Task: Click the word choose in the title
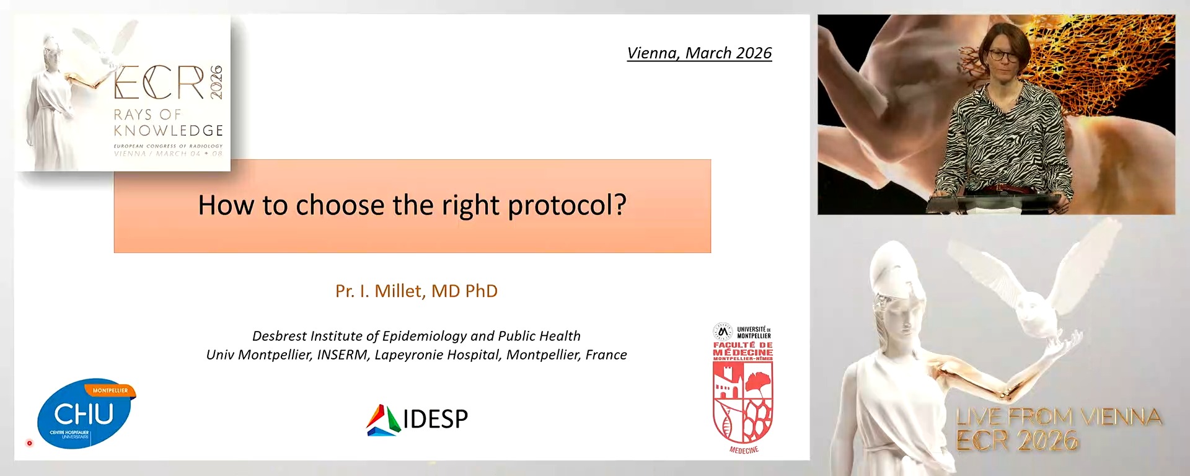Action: coord(340,206)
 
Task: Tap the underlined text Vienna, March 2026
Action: coord(699,53)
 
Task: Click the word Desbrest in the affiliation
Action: coord(279,336)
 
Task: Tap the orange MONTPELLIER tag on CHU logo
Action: coord(110,390)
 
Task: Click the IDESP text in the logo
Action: coord(435,420)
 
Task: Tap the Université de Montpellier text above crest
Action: coord(753,332)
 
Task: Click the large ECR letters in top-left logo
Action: coord(159,83)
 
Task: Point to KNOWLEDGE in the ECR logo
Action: coord(168,131)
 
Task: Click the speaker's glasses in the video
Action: coord(1003,55)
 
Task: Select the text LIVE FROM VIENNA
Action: coord(1059,417)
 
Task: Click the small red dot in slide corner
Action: coord(29,443)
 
